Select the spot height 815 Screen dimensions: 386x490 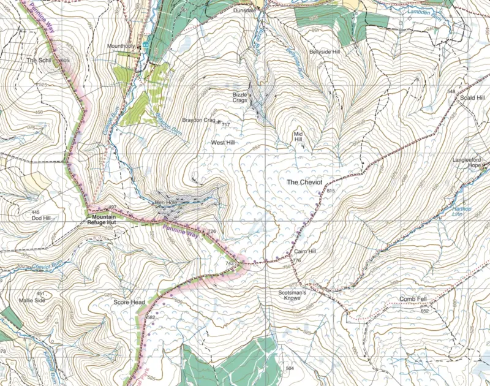click(x=332, y=192)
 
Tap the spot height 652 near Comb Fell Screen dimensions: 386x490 click(x=424, y=311)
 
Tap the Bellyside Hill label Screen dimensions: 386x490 click(x=324, y=52)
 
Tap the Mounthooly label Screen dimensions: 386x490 click(x=121, y=46)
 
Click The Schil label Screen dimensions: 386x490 click(x=40, y=60)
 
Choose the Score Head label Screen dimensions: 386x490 click(x=129, y=303)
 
